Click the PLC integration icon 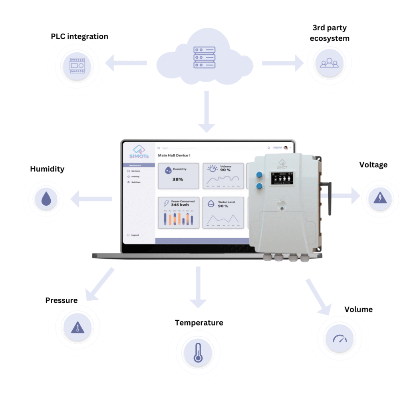(x=77, y=66)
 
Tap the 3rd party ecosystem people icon (x=329, y=63)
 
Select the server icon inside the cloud (x=204, y=58)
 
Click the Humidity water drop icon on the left (x=46, y=199)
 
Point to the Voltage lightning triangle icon (x=379, y=198)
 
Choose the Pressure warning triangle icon (x=77, y=328)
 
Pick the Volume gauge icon (x=340, y=339)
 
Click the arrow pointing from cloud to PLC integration (x=126, y=63)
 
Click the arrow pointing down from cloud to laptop (x=206, y=111)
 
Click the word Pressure (x=62, y=300)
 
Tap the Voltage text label (x=373, y=165)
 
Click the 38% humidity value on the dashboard (x=178, y=179)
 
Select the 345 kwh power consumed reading (x=180, y=204)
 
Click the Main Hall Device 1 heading (x=174, y=155)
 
